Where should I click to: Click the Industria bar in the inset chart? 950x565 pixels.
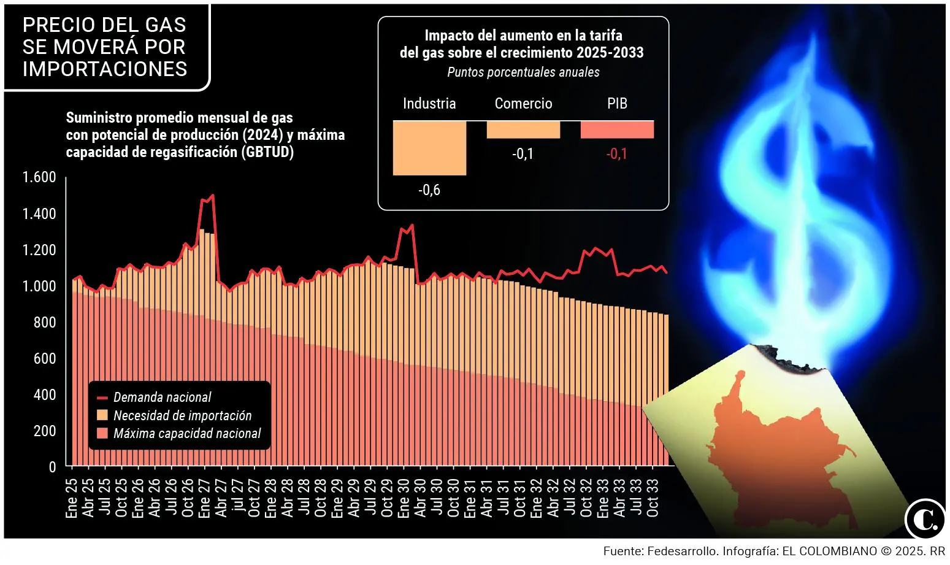(429, 148)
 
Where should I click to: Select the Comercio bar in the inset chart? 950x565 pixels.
(523, 129)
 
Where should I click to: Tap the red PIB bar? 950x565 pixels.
(617, 129)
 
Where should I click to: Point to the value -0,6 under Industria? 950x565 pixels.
(429, 190)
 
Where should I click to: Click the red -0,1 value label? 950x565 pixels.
(617, 154)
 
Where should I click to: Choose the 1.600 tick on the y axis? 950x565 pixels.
(39, 177)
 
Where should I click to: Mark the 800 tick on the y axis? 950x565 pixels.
(44, 322)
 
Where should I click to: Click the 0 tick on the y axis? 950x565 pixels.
(52, 467)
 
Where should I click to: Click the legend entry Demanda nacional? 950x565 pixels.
(162, 398)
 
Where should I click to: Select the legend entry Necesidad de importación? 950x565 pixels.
(182, 415)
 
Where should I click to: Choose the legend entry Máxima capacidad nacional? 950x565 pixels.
(187, 434)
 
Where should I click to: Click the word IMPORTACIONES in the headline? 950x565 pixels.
(105, 69)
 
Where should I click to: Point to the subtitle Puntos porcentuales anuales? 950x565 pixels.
(523, 72)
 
